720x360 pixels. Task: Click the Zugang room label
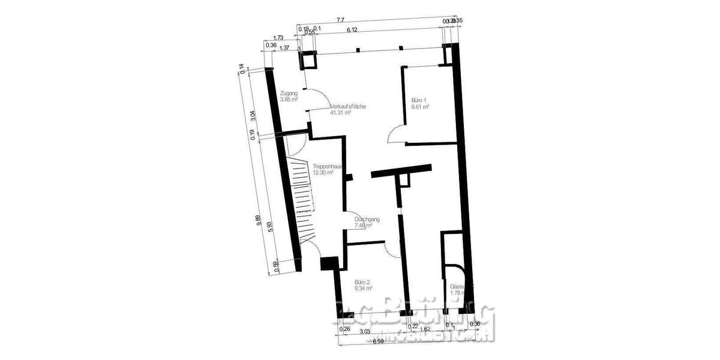coord(289,94)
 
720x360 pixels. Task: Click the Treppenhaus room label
coord(326,166)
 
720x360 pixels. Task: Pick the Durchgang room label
coord(365,220)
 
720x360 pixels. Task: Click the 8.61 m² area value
coord(420,107)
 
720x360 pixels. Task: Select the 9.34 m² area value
coord(364,288)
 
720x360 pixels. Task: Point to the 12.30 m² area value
coord(323,173)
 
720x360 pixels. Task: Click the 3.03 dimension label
coord(364,329)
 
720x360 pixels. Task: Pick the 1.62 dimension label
coord(425,329)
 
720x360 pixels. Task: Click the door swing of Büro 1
coord(396,135)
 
